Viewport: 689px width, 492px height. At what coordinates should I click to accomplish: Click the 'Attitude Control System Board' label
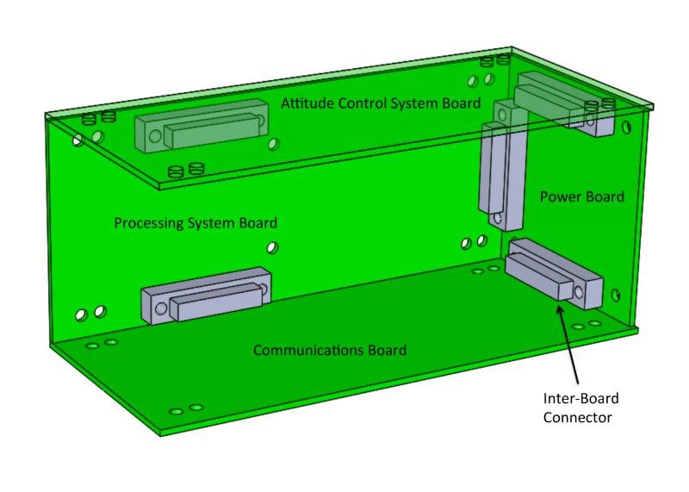coord(380,103)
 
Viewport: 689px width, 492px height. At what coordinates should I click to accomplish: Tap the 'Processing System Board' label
coord(196,223)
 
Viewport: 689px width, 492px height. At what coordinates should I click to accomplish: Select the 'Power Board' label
coord(581,196)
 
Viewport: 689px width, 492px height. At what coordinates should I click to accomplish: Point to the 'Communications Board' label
coord(329,351)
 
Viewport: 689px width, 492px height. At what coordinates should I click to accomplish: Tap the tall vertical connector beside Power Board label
coord(496,168)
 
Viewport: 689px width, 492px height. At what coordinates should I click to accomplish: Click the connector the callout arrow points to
coord(555,275)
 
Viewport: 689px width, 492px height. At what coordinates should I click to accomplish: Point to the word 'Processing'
coord(147,223)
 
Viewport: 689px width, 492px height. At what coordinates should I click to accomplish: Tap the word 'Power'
coord(558,196)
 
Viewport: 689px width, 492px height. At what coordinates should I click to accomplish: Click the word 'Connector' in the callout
coord(577,418)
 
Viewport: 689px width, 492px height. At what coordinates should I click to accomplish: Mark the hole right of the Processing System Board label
coord(272,248)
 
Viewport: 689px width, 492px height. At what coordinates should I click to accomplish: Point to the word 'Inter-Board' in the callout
coord(580,399)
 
